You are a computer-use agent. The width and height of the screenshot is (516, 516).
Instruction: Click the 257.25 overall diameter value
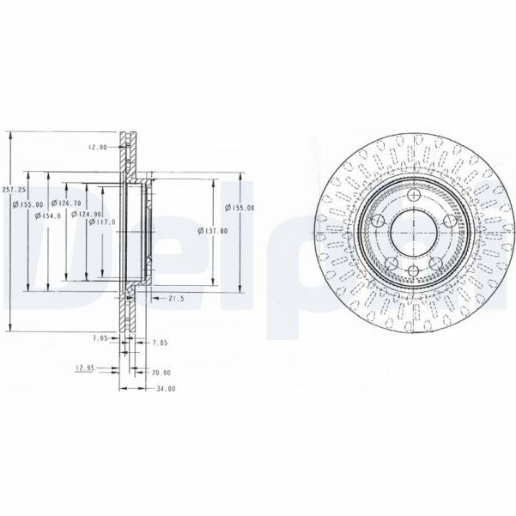tap(9, 189)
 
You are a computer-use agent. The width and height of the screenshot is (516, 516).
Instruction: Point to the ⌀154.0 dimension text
tap(46, 216)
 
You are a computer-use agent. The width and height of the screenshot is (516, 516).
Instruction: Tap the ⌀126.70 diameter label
tap(65, 203)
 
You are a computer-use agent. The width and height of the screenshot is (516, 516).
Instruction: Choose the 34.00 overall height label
tap(164, 388)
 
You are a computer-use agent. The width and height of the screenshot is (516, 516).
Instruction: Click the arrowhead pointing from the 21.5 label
tap(152, 298)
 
